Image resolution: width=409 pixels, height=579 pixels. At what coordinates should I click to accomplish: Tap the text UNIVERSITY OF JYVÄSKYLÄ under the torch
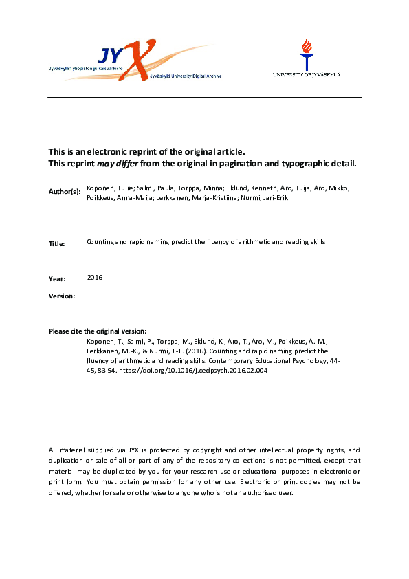[x=307, y=74]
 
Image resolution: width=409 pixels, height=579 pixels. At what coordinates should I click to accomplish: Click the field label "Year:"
[x=57, y=279]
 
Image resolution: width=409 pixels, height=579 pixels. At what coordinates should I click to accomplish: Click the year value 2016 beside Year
[x=95, y=277]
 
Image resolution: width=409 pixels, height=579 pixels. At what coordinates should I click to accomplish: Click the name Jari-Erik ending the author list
[x=288, y=198]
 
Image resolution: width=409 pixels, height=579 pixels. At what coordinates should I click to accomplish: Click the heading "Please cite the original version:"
[x=98, y=331]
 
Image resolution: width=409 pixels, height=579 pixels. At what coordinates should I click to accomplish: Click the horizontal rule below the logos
[x=204, y=98]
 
